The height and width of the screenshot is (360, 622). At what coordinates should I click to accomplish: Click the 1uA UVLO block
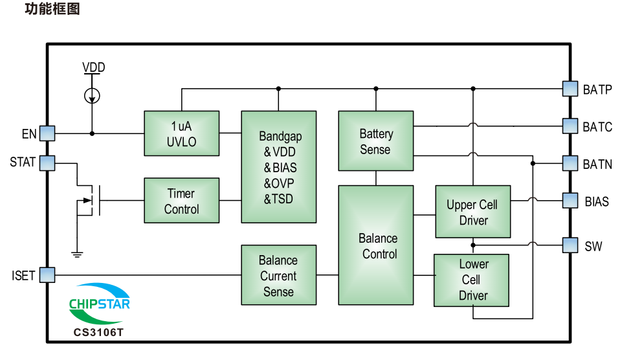[x=182, y=133]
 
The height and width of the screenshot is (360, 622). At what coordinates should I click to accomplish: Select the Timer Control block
[x=182, y=201]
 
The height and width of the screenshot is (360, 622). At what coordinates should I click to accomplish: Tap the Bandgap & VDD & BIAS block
[x=279, y=166]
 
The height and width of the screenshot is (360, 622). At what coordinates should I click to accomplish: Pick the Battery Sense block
[x=375, y=141]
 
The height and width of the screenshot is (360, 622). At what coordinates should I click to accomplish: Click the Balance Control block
[x=375, y=245]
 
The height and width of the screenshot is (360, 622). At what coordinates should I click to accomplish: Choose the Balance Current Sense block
[x=279, y=275]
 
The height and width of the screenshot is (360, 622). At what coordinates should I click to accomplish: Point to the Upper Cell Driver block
[x=473, y=212]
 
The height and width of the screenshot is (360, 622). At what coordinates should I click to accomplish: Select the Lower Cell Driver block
[x=471, y=280]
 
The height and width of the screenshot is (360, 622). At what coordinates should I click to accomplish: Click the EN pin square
[x=47, y=133]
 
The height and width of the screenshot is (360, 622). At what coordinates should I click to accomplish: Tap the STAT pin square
[x=47, y=163]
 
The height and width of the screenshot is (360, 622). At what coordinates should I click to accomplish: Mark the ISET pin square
[x=47, y=275]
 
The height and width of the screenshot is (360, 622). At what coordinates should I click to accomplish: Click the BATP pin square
[x=570, y=89]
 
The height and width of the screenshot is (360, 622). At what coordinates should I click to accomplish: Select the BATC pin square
[x=570, y=126]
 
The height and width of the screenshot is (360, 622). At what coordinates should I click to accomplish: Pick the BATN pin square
[x=570, y=163]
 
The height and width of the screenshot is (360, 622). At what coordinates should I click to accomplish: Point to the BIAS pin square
[x=570, y=201]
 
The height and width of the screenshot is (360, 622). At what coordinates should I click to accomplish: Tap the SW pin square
[x=570, y=245]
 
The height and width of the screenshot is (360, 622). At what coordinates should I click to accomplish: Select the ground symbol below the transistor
[x=77, y=254]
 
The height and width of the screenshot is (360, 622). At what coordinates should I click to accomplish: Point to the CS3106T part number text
[x=98, y=332]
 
